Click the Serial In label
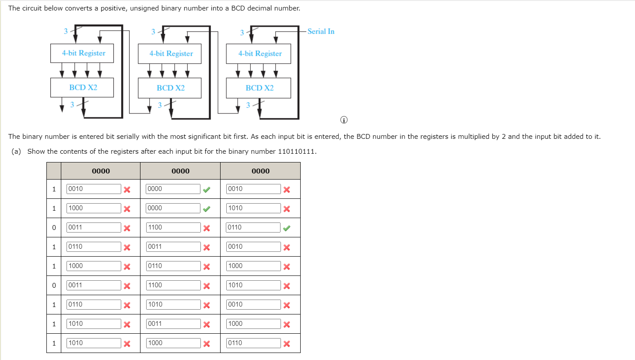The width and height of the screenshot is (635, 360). (321, 32)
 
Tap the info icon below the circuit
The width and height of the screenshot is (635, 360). (344, 120)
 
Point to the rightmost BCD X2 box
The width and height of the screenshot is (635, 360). (259, 88)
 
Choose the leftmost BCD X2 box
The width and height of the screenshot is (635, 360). (82, 88)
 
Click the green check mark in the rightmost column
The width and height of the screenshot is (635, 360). (286, 228)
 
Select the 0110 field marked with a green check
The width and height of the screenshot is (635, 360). (253, 227)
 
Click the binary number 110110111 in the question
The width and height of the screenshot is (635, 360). (297, 152)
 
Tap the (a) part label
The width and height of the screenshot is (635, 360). (16, 152)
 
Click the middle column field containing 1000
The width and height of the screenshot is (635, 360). (173, 343)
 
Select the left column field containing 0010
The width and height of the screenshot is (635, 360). (93, 189)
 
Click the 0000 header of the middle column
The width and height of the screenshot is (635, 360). (180, 171)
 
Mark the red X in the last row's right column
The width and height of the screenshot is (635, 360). (286, 343)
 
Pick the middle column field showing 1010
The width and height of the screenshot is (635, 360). (173, 304)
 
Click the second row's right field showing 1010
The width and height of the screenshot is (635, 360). (253, 208)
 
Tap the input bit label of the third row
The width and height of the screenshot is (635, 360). (54, 227)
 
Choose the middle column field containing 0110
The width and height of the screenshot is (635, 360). (173, 266)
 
